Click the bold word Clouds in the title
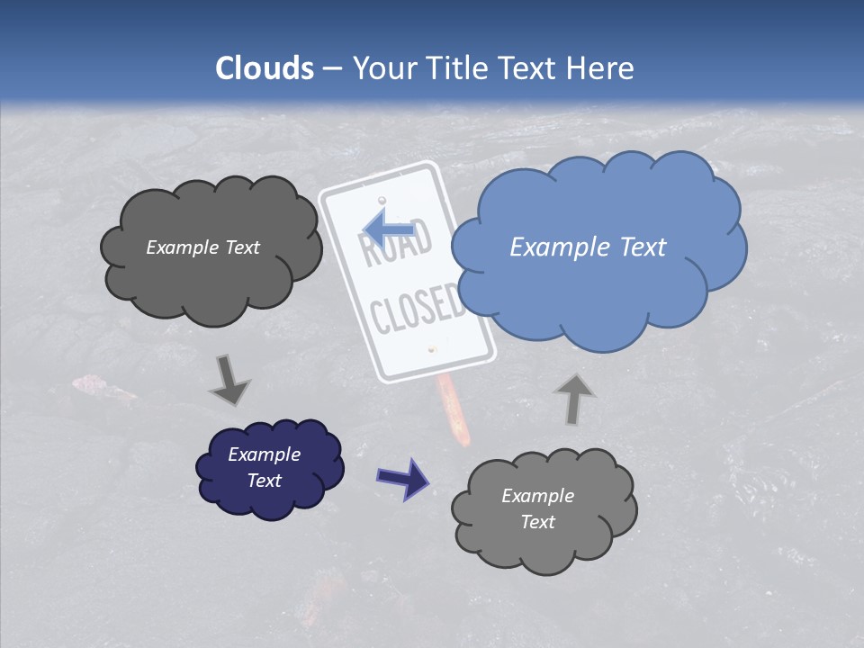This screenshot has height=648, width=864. (x=265, y=68)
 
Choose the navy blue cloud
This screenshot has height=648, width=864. (x=269, y=468)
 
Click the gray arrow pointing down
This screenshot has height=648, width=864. (x=230, y=379)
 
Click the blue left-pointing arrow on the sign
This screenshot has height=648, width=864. (x=388, y=229)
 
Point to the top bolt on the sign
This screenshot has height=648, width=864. (x=382, y=199)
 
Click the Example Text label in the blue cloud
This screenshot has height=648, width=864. (x=588, y=247)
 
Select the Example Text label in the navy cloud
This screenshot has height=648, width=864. (x=265, y=467)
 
